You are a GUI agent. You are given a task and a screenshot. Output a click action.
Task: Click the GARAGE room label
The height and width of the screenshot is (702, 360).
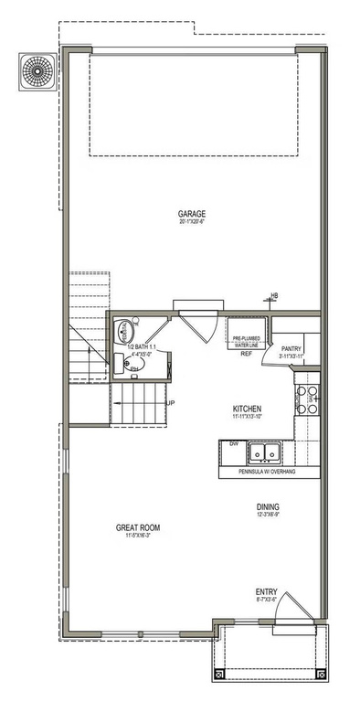coord(191,216)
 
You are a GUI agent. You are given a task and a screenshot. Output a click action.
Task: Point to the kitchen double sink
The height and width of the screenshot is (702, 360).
coord(266,452)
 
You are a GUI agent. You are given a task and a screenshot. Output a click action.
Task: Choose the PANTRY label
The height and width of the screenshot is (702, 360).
coord(291,348)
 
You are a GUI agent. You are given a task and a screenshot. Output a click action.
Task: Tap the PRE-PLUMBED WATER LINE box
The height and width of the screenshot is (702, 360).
coord(246,342)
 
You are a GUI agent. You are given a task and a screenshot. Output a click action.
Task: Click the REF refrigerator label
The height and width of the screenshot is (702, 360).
coord(246,355)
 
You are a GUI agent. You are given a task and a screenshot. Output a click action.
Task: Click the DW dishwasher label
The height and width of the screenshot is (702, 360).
coord(234,443)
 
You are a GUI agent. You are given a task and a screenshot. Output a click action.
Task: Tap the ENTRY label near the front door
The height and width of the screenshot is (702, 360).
coord(268,592)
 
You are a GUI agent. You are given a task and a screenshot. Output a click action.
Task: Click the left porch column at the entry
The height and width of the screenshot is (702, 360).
coord(219,674)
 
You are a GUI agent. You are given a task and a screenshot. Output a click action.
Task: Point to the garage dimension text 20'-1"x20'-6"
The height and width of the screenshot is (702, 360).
coord(191,225)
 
